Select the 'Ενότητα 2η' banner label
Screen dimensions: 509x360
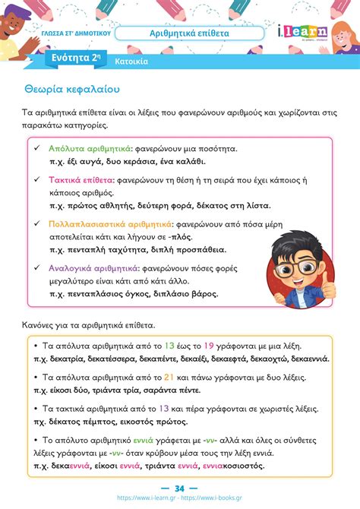(x=75, y=58)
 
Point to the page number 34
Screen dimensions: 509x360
(x=180, y=488)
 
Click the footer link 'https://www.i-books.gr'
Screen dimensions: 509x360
(x=220, y=499)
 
